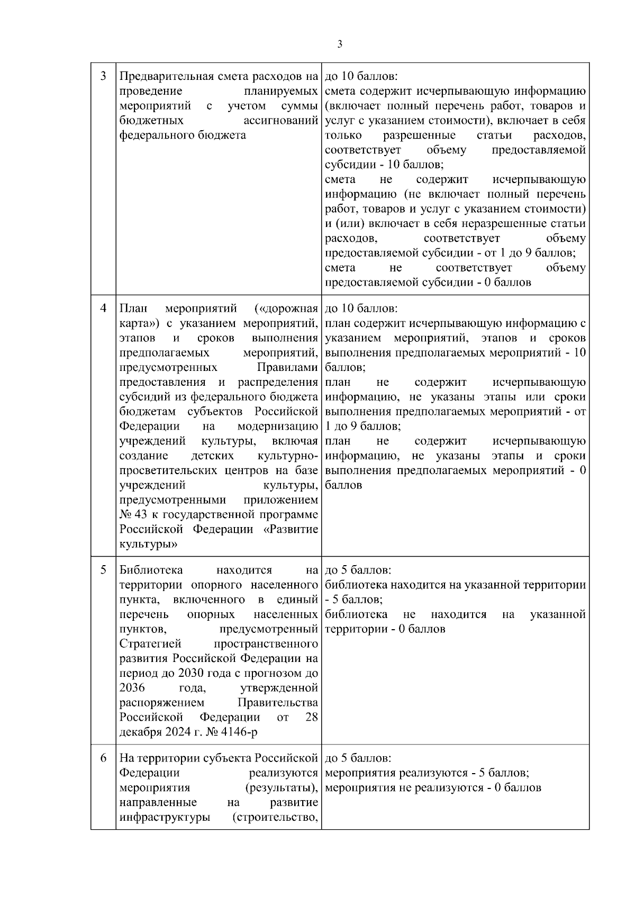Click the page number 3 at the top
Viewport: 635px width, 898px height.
click(340, 44)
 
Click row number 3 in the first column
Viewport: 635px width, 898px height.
click(103, 76)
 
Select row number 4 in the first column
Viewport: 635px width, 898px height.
click(103, 308)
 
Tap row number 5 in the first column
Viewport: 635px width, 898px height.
click(103, 570)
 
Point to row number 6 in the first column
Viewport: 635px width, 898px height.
click(103, 758)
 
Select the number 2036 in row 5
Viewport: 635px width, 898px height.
click(132, 688)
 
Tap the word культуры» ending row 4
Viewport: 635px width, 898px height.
click(148, 544)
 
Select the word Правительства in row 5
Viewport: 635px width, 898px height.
click(278, 703)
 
